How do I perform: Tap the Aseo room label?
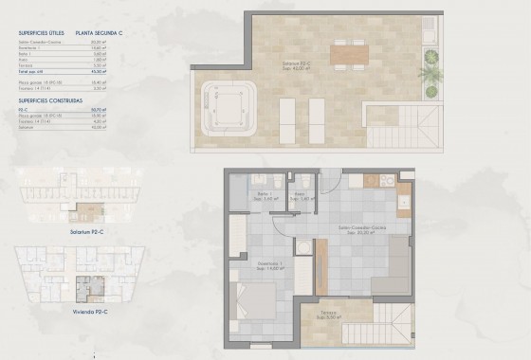[x=299, y=194]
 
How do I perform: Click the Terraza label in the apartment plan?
[x=328, y=314]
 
